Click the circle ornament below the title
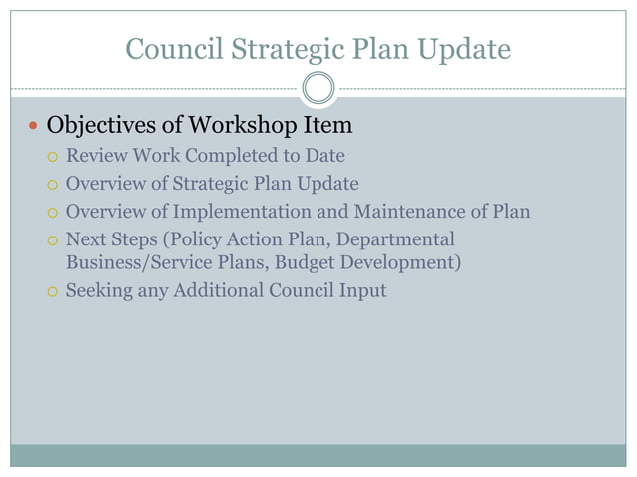318,88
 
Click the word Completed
228,157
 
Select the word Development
404,263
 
